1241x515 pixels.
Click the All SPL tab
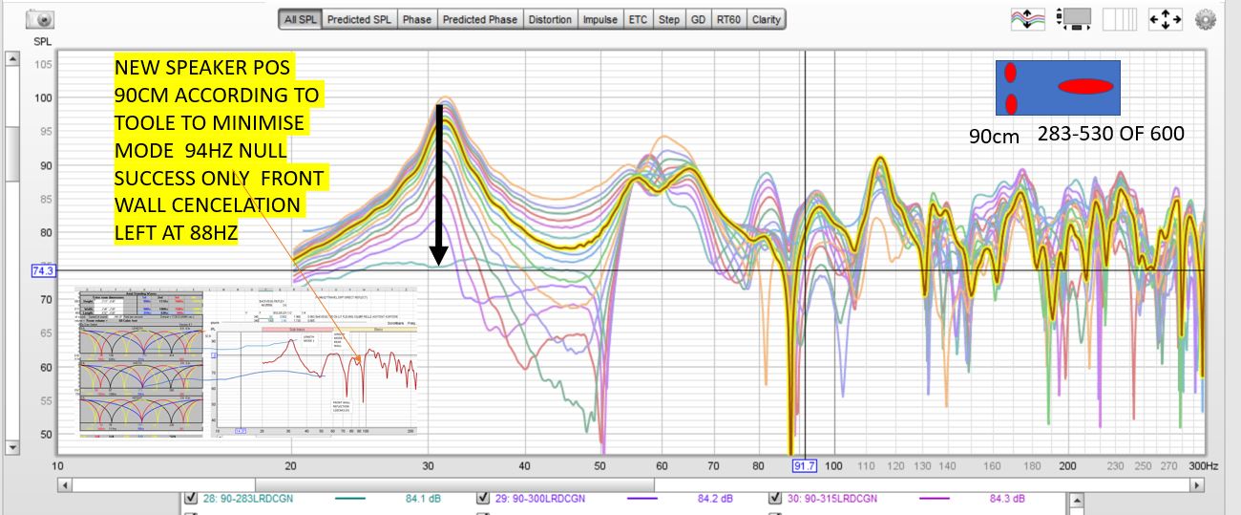click(301, 19)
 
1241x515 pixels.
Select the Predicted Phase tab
click(478, 19)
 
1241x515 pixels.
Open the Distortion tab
click(550, 19)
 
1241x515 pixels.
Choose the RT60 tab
click(728, 19)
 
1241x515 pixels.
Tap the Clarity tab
click(766, 19)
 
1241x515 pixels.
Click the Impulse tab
click(599, 19)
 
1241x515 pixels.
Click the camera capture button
click(43, 19)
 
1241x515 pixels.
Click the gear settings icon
click(1206, 19)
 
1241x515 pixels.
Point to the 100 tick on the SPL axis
click(44, 97)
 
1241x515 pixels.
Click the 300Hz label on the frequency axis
click(1203, 465)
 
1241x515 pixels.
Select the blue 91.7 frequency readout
click(805, 465)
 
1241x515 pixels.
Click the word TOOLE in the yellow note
click(140, 123)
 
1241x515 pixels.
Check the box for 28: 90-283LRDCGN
click(190, 498)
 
